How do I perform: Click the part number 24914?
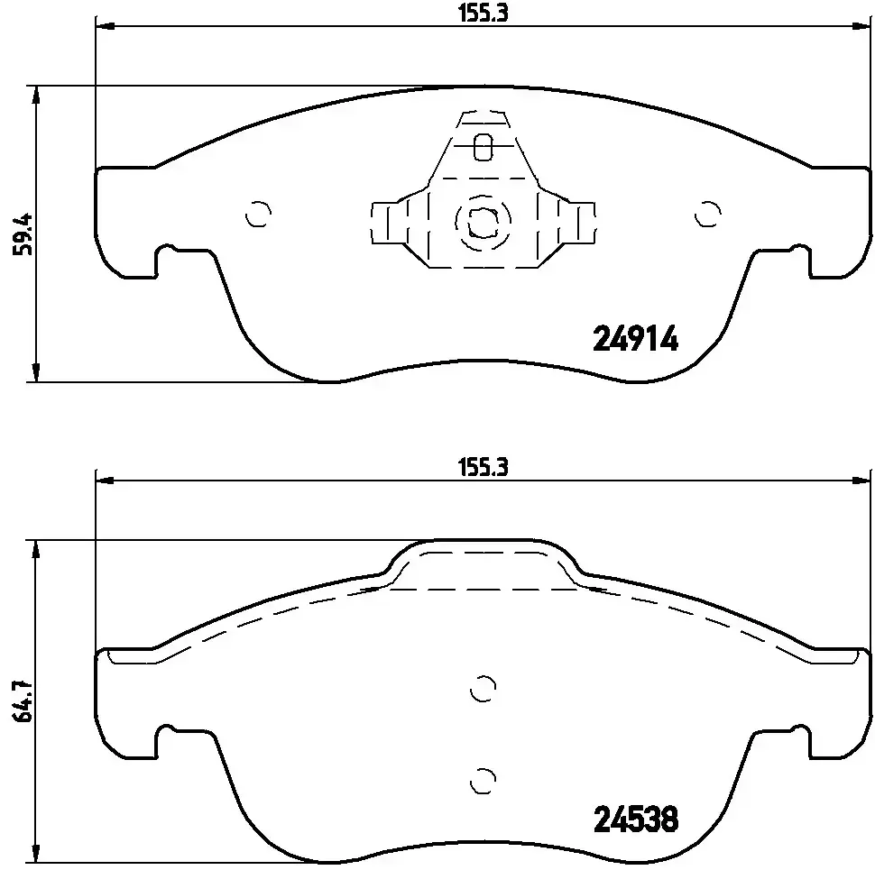coord(635,339)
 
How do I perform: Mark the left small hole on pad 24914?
coord(258,214)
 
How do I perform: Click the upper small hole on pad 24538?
coord(484,688)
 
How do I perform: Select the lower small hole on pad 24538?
coord(484,777)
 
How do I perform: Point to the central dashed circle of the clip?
coord(483,220)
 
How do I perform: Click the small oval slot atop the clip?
coord(483,145)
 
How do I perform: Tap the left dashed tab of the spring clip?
coord(388,222)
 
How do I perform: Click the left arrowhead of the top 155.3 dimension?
coord(102,27)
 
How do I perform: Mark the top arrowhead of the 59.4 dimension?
coord(35,93)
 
